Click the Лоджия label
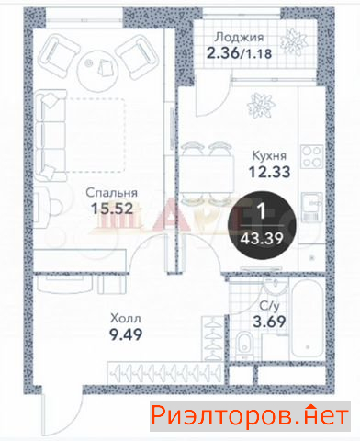click(239, 38)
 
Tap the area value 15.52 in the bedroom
click(112, 209)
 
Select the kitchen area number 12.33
click(269, 172)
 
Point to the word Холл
click(126, 319)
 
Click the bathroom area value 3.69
click(269, 322)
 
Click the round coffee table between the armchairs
click(97, 70)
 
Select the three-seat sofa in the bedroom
click(51, 135)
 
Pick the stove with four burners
click(312, 156)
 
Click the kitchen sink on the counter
click(312, 208)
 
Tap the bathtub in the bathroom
click(308, 320)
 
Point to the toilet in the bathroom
click(244, 345)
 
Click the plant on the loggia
click(294, 42)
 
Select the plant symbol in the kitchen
click(261, 106)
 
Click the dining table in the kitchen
click(207, 174)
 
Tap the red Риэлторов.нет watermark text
click(250, 416)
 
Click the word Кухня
click(269, 155)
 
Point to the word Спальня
click(111, 193)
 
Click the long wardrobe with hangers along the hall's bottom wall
click(164, 373)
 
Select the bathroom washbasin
click(276, 287)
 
